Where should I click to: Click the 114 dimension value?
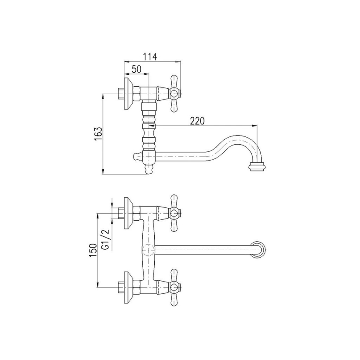[150, 57]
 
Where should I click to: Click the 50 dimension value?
[136, 69]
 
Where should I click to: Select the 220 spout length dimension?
[197, 121]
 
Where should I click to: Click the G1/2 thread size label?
[106, 239]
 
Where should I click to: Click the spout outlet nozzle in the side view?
[258, 167]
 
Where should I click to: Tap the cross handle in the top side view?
[175, 94]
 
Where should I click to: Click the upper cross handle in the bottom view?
[175, 213]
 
